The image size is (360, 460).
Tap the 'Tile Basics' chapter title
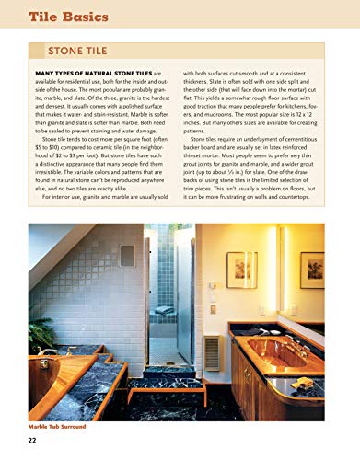coord(73,17)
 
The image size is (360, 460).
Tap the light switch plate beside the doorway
coord(213,309)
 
